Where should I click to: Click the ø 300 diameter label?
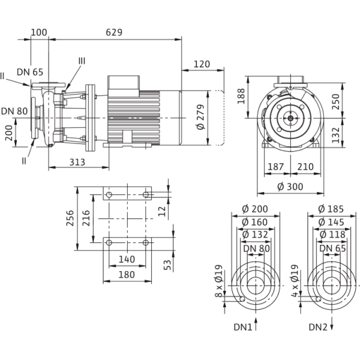click(291, 187)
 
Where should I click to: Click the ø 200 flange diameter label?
click(256, 209)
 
